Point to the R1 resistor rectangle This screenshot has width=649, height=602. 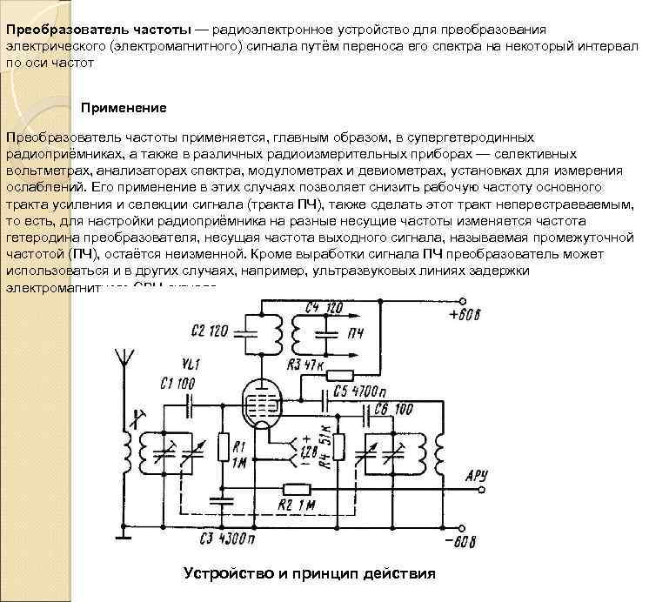(224, 449)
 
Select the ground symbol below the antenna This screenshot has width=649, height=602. (122, 538)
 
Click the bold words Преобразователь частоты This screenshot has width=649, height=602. (97, 30)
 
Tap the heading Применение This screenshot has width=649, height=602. (124, 108)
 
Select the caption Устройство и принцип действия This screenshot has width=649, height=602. (309, 574)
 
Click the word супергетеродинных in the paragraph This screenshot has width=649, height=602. (457, 137)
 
